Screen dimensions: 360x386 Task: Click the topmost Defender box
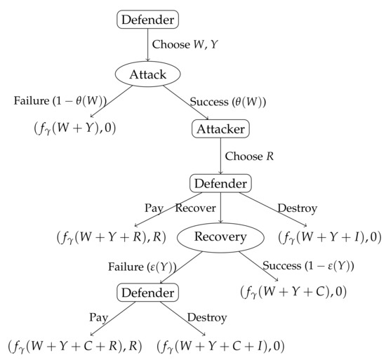(x=149, y=19)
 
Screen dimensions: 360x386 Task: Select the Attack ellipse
(x=149, y=74)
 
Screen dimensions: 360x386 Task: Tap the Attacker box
(x=220, y=128)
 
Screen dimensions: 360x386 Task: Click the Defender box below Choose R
(x=220, y=183)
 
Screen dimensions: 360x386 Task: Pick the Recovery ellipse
(x=220, y=236)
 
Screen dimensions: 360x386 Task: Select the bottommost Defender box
(x=147, y=291)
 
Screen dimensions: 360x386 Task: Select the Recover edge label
(x=195, y=209)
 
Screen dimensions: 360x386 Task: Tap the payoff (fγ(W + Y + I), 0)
(x=329, y=237)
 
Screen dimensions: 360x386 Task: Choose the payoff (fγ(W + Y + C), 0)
(x=293, y=292)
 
